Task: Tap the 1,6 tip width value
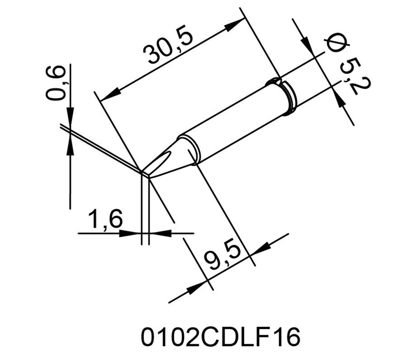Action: pos(106,219)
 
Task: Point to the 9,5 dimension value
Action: pos(222,258)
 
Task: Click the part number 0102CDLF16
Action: pos(221,337)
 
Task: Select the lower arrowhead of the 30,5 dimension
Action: pos(110,95)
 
